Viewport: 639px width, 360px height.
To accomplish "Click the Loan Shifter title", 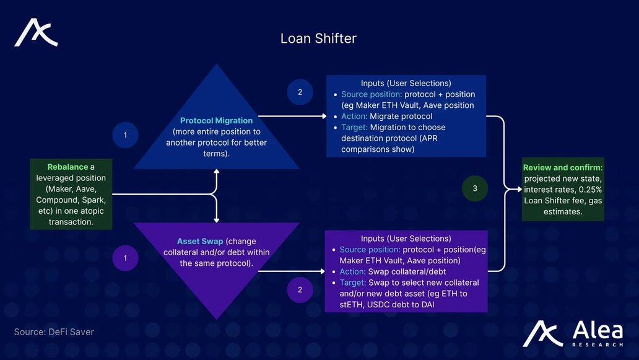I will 318,38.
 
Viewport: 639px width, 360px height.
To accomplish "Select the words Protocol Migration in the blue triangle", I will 216,120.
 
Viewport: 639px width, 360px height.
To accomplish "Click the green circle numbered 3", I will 475,188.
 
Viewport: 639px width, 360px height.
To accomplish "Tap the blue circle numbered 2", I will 300,92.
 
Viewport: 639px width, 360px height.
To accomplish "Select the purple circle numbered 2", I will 300,289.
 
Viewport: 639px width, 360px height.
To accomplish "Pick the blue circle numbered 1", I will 126,134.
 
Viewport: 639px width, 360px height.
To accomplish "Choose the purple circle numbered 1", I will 126,258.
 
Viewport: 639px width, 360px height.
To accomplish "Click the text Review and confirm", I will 562,168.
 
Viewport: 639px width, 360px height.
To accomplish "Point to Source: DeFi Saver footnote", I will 54,332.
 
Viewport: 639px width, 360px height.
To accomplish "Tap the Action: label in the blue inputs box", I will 355,116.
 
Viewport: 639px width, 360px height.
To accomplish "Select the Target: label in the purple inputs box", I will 354,283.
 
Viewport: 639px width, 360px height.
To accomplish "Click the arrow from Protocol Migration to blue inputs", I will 291,116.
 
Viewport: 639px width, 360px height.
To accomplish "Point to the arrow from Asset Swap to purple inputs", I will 291,271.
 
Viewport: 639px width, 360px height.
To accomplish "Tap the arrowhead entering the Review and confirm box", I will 518,188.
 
